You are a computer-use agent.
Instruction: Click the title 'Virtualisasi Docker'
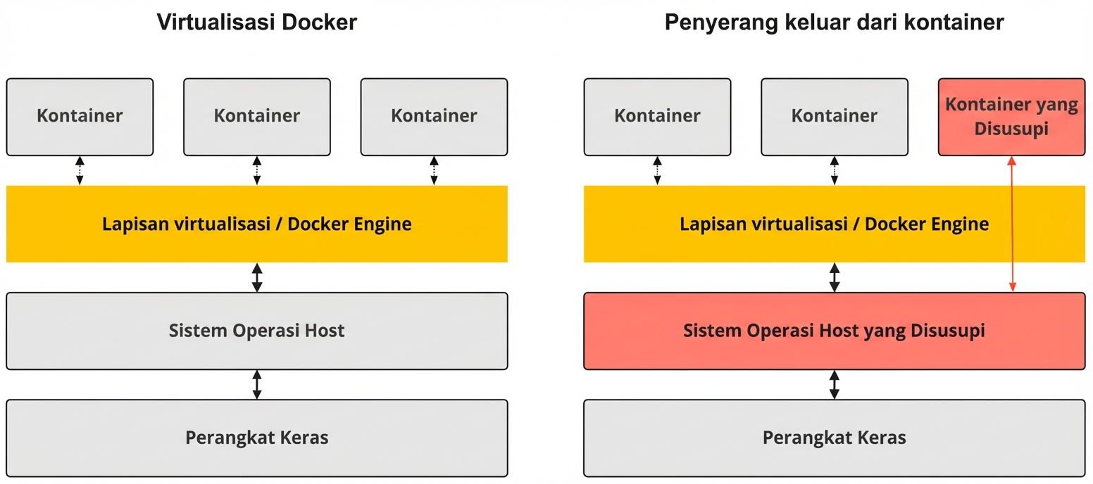coord(256,23)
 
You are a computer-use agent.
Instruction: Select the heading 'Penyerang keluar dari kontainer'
coord(834,23)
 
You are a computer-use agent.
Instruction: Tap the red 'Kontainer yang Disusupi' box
coord(1011,117)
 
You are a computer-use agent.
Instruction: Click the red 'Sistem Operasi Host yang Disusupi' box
coord(834,331)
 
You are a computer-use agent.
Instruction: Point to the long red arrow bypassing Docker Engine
coord(1012,224)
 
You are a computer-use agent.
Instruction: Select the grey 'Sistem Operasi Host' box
coord(256,331)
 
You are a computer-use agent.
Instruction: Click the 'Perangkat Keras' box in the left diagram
coord(256,438)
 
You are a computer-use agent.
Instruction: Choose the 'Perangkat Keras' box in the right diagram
coord(834,438)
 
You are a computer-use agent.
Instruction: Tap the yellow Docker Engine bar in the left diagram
coord(256,224)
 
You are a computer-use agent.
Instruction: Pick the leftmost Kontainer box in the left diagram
coord(80,117)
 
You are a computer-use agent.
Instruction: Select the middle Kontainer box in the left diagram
coord(256,117)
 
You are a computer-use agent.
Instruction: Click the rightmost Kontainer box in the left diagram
coord(434,117)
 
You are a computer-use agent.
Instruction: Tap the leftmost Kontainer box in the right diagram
coord(657,117)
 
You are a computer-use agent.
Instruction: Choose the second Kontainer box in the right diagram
coord(834,117)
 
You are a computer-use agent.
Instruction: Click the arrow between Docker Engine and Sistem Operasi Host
coord(257,277)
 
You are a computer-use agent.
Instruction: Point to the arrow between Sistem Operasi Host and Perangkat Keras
coord(257,385)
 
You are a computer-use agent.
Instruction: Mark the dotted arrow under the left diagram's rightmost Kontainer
coord(434,171)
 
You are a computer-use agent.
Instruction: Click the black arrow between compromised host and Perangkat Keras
coord(835,385)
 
